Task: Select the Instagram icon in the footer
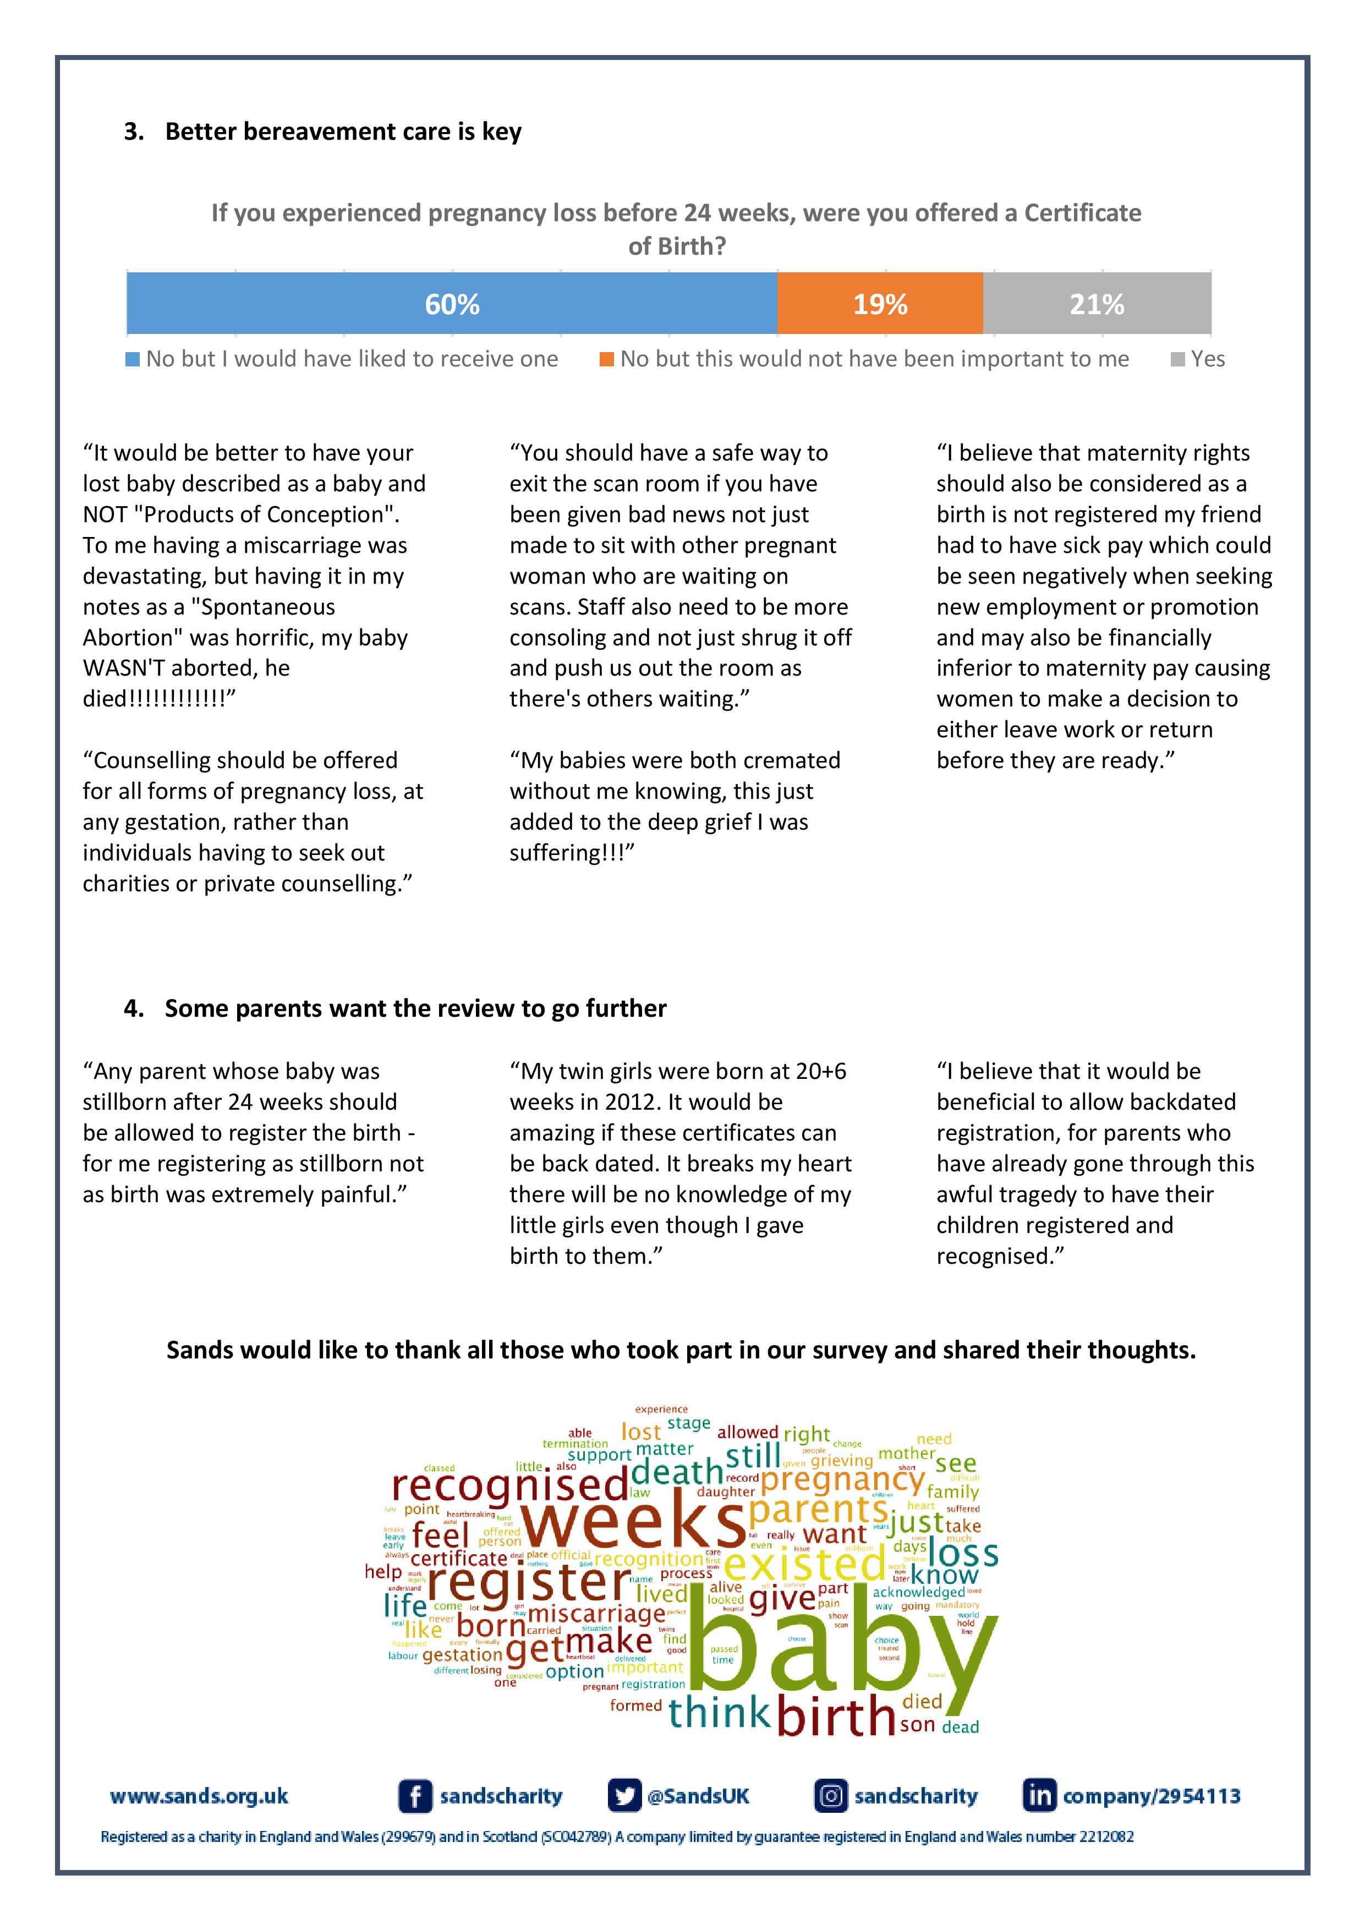coord(830,1796)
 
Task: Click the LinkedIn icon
coord(1039,1796)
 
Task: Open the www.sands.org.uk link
coord(199,1796)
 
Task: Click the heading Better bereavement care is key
coord(343,132)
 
